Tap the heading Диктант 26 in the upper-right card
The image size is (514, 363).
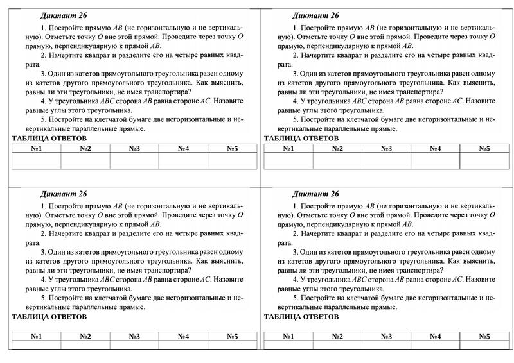[315, 15]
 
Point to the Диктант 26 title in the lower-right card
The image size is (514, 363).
[315, 194]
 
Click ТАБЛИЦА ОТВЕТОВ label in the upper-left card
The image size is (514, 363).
[49, 138]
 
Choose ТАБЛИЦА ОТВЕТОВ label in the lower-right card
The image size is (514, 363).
[301, 317]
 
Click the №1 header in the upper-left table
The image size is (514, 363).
[36, 149]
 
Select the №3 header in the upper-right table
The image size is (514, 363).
[386, 149]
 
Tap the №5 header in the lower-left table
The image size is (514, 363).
[232, 336]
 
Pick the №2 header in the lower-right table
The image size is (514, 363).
[337, 336]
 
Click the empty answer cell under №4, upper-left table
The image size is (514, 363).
[183, 160]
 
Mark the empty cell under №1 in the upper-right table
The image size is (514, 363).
[288, 160]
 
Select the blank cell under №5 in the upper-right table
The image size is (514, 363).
[484, 160]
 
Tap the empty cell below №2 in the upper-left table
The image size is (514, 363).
[85, 160]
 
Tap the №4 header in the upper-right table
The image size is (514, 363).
[436, 149]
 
